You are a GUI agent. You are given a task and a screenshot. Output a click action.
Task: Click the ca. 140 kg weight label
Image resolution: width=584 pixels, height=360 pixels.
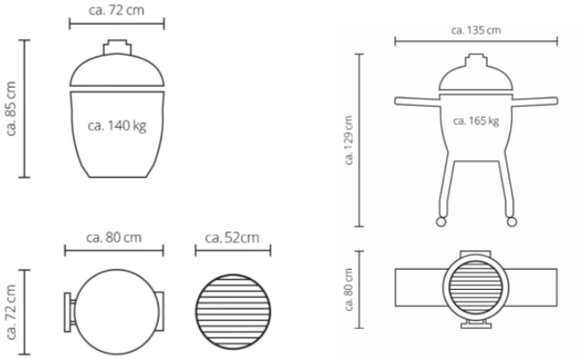tap(117, 126)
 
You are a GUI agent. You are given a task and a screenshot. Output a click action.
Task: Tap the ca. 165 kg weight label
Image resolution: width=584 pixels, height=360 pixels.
tap(476, 121)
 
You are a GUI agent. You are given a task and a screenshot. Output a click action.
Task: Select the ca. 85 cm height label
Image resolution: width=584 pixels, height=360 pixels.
tap(11, 108)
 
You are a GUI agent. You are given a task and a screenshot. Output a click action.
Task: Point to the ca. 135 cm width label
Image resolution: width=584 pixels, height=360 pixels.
tap(476, 30)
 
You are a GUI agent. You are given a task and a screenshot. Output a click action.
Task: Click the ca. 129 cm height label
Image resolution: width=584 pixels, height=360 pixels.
tap(349, 140)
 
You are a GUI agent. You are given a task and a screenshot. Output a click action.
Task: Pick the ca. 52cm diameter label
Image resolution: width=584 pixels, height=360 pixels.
tap(232, 237)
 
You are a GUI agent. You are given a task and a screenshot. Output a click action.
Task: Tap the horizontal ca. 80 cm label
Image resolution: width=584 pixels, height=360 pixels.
tap(114, 237)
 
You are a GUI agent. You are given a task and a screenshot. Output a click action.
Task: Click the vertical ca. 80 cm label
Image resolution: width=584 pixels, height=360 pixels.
tap(349, 290)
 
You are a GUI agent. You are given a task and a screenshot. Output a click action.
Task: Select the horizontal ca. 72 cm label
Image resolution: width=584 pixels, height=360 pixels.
tap(117, 10)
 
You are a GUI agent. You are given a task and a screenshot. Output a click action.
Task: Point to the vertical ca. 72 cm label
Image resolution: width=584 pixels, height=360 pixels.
tap(11, 312)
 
